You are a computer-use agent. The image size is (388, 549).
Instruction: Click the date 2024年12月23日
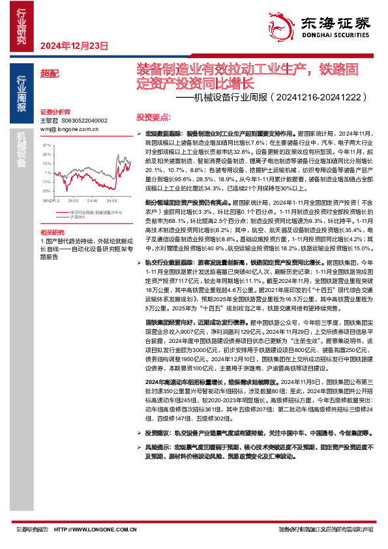click(x=74, y=45)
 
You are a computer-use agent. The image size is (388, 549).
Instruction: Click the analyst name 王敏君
click(x=49, y=121)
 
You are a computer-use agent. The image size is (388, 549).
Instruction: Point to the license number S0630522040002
click(x=85, y=121)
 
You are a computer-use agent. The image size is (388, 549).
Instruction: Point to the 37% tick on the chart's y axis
click(x=47, y=145)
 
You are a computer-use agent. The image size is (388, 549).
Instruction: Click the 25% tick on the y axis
click(x=47, y=154)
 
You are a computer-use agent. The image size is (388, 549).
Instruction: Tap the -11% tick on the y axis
click(x=46, y=181)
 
